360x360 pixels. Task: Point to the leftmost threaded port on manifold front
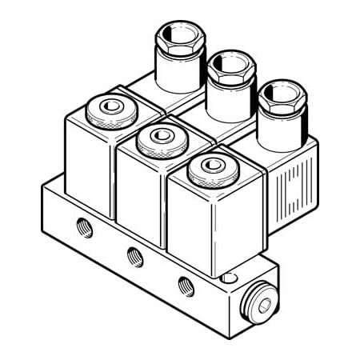coord(85,228)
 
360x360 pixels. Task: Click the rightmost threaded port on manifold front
coord(186,284)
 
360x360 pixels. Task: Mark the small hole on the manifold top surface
coord(230,278)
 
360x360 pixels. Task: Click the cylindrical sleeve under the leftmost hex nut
coord(178,72)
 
